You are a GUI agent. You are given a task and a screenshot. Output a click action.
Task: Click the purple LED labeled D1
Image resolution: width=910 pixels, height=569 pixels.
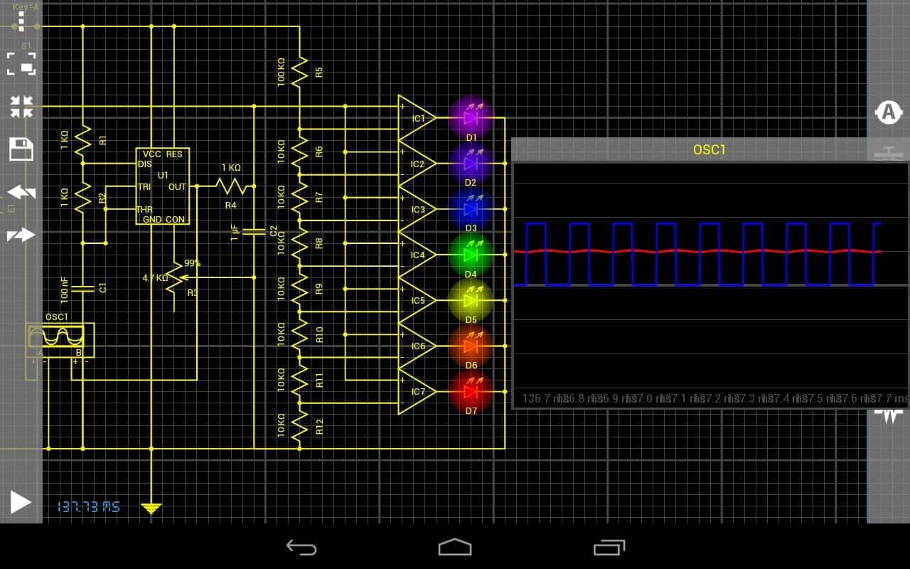tap(471, 117)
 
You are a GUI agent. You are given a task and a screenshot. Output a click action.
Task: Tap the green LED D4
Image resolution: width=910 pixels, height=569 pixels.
tap(471, 254)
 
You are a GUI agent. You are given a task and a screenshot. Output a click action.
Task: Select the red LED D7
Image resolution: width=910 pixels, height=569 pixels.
tap(471, 391)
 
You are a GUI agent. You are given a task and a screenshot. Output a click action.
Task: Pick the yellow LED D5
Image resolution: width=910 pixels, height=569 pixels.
tap(471, 299)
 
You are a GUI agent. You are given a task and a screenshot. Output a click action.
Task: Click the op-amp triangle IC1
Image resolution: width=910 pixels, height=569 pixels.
tap(415, 118)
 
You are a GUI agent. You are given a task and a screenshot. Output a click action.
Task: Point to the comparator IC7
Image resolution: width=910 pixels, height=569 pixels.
tap(415, 391)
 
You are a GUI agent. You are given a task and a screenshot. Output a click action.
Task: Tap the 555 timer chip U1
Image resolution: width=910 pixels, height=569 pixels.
tap(164, 186)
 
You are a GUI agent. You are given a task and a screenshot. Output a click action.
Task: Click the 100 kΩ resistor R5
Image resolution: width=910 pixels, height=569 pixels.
tap(299, 71)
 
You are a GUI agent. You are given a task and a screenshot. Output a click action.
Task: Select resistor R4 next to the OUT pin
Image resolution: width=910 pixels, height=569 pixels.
tap(230, 186)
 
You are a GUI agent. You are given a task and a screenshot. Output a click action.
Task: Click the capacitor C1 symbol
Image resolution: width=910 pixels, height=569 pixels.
tap(83, 288)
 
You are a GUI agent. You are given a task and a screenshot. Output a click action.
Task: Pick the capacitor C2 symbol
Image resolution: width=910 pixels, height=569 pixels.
tap(253, 231)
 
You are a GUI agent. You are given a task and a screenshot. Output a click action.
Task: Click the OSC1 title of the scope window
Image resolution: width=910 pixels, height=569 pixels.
tap(709, 150)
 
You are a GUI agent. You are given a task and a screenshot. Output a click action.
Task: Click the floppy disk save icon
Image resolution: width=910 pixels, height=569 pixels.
tap(21, 149)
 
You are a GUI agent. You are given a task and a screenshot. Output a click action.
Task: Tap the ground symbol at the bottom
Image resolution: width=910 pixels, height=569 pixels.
tap(151, 508)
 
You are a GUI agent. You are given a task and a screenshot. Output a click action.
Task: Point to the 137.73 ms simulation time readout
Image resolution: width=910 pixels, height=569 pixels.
tap(88, 506)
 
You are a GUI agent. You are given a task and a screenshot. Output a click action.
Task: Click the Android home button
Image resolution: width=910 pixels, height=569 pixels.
tap(455, 546)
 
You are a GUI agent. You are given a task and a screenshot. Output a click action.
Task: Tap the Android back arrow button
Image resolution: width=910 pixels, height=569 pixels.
tap(301, 546)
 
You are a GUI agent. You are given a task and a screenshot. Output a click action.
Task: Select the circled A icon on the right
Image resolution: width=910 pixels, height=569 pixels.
tap(888, 112)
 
